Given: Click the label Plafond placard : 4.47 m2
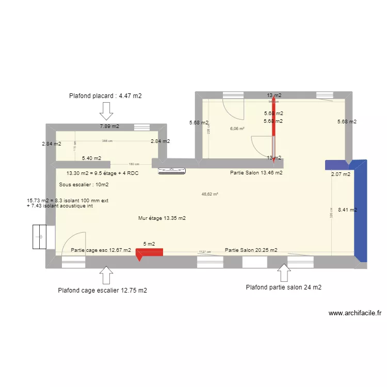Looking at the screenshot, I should click(105, 95).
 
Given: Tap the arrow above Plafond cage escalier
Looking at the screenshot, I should click(107, 275).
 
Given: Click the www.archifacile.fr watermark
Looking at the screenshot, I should click(354, 313).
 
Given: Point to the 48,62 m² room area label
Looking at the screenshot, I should click(210, 195).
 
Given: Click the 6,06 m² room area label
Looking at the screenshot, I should click(237, 129).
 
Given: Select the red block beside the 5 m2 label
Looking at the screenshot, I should click(150, 252).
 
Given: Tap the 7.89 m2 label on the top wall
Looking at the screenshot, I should click(109, 126).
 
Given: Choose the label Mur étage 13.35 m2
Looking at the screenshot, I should click(162, 218).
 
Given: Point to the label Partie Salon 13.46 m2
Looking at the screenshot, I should click(256, 173).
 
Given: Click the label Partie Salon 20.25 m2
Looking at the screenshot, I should click(251, 250).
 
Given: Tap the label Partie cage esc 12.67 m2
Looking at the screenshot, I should click(101, 250).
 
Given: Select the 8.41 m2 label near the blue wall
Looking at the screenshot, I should click(347, 210).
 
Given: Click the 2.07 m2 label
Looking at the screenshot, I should click(341, 174).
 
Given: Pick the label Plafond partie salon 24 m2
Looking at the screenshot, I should click(284, 287).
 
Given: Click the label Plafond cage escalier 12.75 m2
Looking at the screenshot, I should click(103, 291).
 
